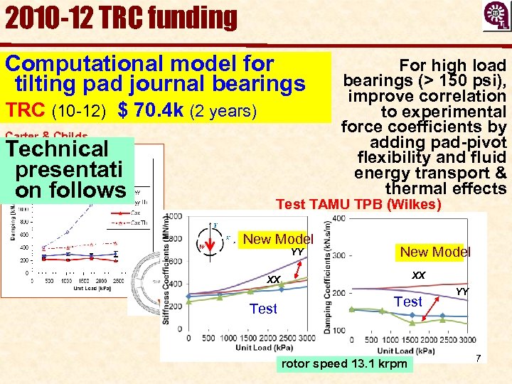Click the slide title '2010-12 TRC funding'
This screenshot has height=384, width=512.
pyautogui.click(x=121, y=18)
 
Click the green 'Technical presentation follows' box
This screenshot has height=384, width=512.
pyautogui.click(x=68, y=169)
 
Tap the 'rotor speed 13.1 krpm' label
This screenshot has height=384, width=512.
pyautogui.click(x=345, y=364)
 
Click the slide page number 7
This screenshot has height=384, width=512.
pyautogui.click(x=479, y=359)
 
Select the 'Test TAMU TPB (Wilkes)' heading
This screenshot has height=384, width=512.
pyautogui.click(x=358, y=205)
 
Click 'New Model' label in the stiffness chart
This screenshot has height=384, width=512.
pyautogui.click(x=278, y=240)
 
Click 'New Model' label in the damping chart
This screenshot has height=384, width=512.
pyautogui.click(x=434, y=252)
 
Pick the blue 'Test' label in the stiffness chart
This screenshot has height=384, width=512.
pyautogui.click(x=263, y=309)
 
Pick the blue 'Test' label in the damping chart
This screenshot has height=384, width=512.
pyautogui.click(x=408, y=302)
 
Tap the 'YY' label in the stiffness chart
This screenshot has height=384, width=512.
pyautogui.click(x=297, y=251)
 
